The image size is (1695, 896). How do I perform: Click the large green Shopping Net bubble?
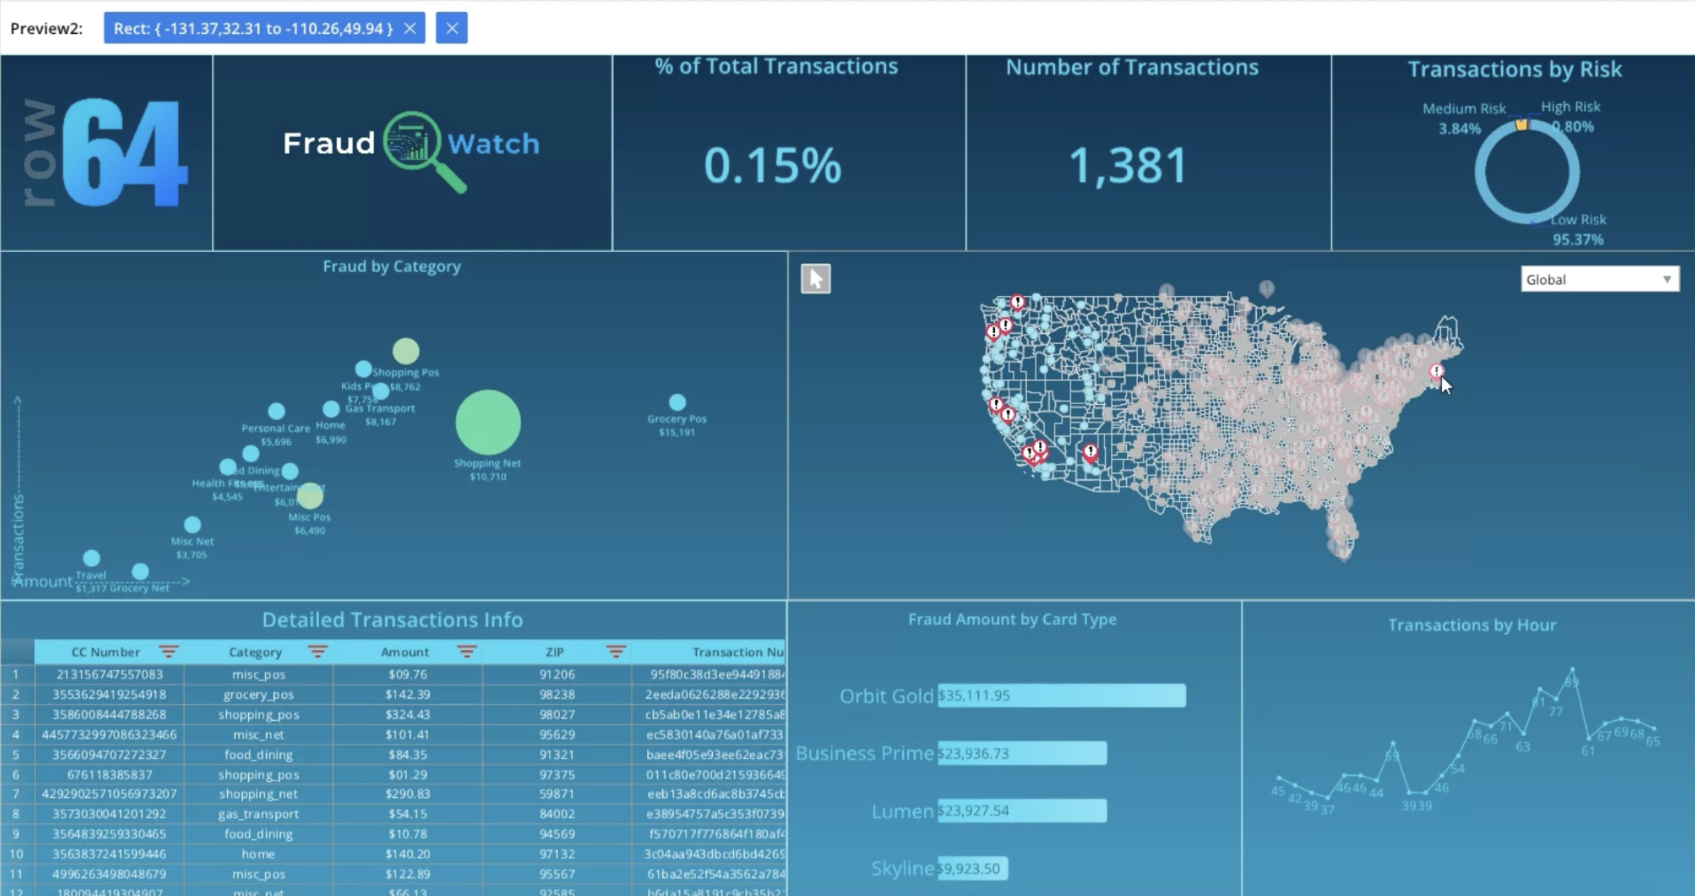click(x=488, y=422)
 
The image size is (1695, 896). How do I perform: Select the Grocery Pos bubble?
click(x=677, y=402)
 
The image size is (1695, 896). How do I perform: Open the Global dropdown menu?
click(x=1599, y=279)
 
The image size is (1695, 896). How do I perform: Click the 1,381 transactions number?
click(x=1129, y=165)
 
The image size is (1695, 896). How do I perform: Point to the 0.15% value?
click(x=773, y=165)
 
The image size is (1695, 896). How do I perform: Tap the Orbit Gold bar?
click(x=1061, y=696)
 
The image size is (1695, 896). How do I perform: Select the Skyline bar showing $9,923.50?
click(x=972, y=868)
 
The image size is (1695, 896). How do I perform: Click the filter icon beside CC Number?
click(x=169, y=652)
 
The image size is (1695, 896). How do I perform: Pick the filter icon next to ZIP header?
click(x=616, y=652)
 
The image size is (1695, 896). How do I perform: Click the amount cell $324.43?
click(x=407, y=714)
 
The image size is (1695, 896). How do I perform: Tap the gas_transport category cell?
click(x=258, y=814)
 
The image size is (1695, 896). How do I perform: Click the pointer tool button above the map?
click(x=816, y=279)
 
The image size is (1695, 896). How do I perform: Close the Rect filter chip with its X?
click(x=410, y=29)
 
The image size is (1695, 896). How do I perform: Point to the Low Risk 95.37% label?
click(x=1578, y=230)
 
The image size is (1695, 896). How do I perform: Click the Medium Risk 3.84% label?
click(x=1463, y=118)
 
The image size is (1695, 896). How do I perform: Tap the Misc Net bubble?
click(x=192, y=525)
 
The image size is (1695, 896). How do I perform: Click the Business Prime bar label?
click(x=864, y=753)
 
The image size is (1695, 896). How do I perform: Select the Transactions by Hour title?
click(x=1471, y=625)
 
